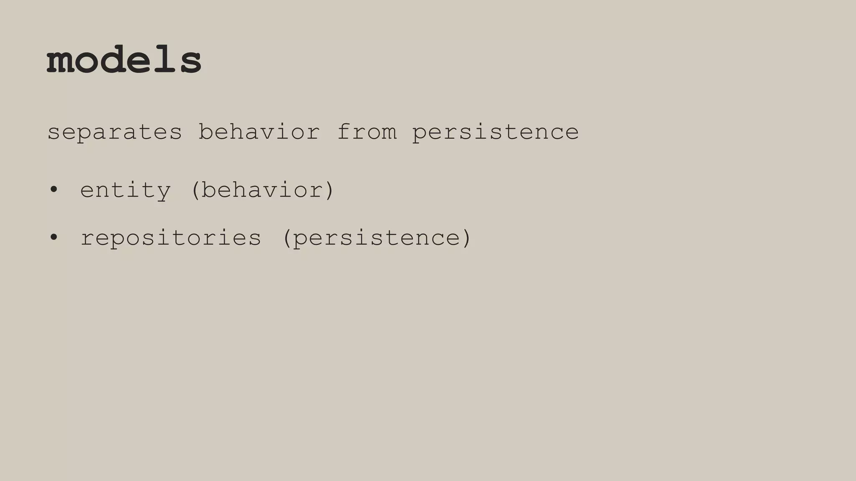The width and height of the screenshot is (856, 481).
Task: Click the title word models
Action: [x=124, y=60]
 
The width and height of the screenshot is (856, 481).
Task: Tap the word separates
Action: [x=115, y=132]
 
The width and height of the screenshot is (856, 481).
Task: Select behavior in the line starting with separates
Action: [x=259, y=132]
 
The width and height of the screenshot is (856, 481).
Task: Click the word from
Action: [x=367, y=132]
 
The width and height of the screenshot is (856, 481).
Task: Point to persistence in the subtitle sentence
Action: [x=495, y=132]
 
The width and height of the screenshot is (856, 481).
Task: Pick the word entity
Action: [x=125, y=190]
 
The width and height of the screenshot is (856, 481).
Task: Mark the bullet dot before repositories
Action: [x=53, y=238]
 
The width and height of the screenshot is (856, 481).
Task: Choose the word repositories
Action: [x=171, y=238]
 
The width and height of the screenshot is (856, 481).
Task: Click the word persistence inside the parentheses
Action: [x=377, y=238]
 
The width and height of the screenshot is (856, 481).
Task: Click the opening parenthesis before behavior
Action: [x=195, y=190]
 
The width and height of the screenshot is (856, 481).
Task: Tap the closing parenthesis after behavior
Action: [x=330, y=190]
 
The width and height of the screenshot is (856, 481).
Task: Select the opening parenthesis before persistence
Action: [x=287, y=238]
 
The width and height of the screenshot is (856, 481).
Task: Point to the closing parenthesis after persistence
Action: [x=467, y=238]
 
